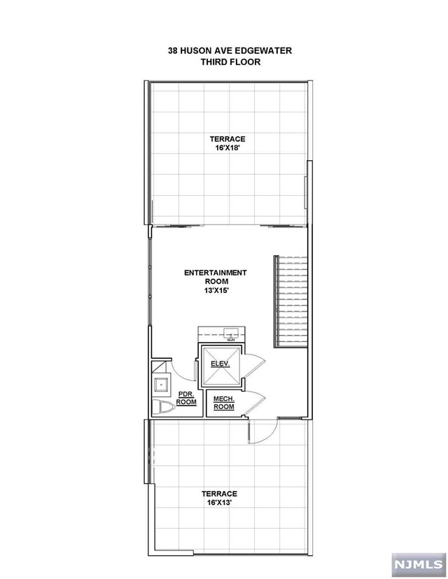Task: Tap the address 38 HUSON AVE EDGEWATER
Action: (230, 50)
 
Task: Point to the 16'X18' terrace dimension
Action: (227, 148)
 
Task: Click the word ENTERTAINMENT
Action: (215, 272)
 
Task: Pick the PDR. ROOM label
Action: (186, 398)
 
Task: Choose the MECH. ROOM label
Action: (223, 402)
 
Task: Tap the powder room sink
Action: (161, 383)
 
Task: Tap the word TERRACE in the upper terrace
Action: (227, 138)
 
